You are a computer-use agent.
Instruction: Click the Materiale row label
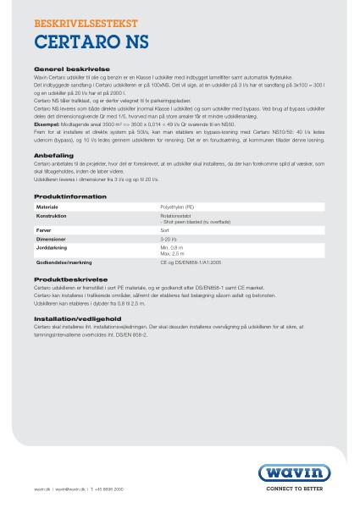[47, 207]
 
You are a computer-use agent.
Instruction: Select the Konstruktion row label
[51, 216]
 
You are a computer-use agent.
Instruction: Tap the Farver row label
[45, 229]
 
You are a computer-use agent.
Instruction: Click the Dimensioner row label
[52, 238]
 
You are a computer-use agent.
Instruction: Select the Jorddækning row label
[52, 247]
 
